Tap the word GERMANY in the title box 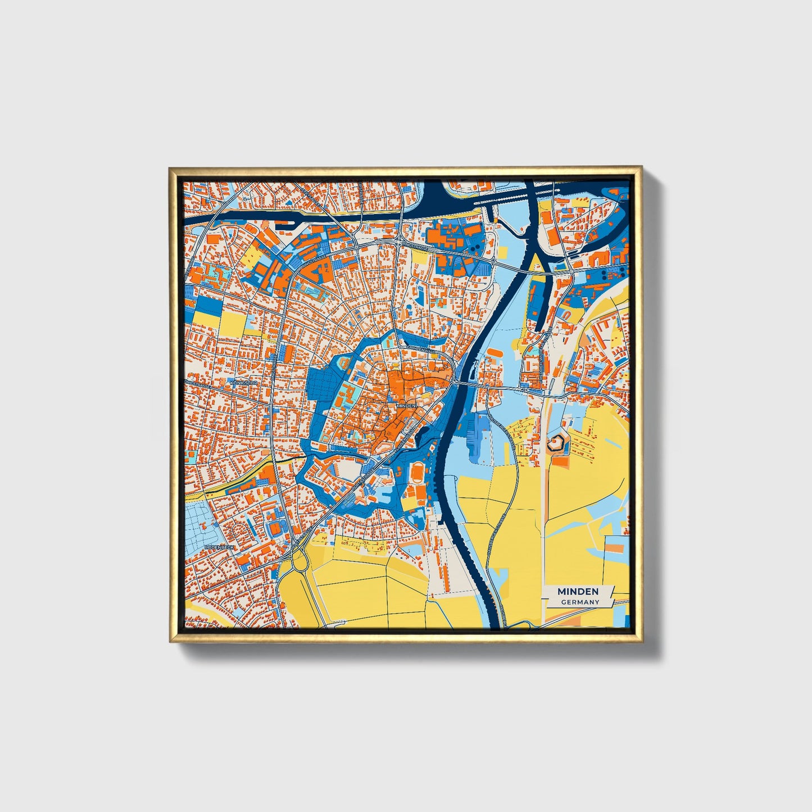point(580,602)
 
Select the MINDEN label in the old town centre point(406,405)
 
